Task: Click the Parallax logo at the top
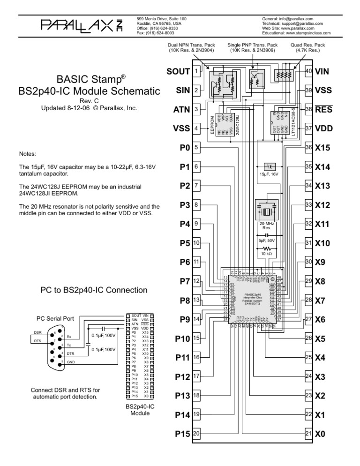tap(82, 24)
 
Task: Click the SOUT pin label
tap(178, 71)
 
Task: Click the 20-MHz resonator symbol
tap(267, 210)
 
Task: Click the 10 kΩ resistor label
tap(267, 254)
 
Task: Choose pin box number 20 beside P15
tap(196, 434)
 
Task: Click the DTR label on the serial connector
tap(71, 353)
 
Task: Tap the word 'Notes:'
tap(29, 154)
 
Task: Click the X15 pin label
tap(323, 147)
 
